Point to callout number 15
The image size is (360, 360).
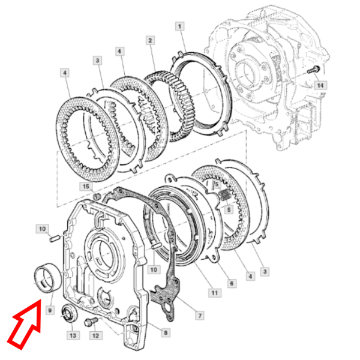click(x=87, y=187)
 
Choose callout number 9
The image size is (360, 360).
click(x=50, y=311)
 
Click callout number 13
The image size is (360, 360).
click(x=73, y=335)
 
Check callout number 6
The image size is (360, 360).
click(x=231, y=283)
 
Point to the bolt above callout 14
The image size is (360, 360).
click(x=313, y=70)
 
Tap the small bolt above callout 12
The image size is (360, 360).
click(x=90, y=323)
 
